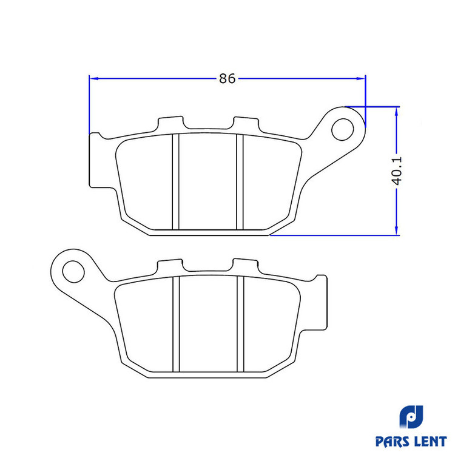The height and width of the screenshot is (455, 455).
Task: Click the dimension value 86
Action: (x=227, y=78)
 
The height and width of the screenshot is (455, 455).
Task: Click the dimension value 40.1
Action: (x=397, y=170)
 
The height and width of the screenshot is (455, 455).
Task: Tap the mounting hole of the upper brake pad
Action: (x=342, y=130)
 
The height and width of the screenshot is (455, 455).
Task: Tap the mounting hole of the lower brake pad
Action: (x=73, y=272)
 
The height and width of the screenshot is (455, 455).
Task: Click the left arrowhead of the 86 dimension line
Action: (x=94, y=78)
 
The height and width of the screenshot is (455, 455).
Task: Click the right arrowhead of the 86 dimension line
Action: (x=361, y=78)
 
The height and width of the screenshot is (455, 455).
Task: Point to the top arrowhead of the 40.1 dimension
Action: (x=396, y=112)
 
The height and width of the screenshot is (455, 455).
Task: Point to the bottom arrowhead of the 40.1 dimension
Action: (x=396, y=231)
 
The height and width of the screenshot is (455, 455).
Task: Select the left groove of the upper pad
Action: (x=175, y=181)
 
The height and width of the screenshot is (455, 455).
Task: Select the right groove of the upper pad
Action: (x=240, y=181)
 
